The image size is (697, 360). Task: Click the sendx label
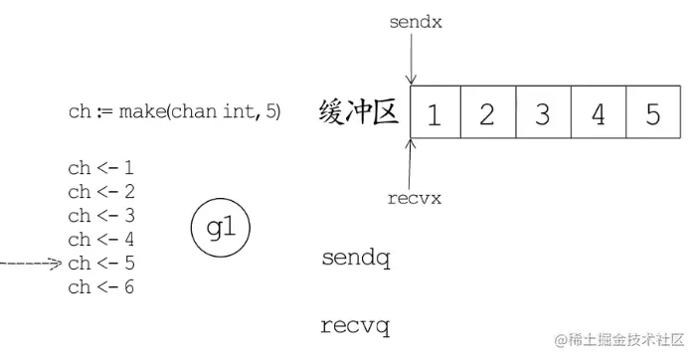[416, 20]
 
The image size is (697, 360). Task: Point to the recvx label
[415, 197]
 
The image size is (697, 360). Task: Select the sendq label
[356, 261]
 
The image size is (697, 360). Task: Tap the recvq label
[356, 325]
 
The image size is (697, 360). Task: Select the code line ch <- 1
[101, 168]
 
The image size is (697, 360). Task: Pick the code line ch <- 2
[101, 192]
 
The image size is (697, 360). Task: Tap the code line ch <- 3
[101, 216]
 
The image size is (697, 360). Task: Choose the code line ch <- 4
[101, 240]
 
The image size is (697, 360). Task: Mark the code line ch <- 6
[101, 287]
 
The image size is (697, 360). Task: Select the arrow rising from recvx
[411, 161]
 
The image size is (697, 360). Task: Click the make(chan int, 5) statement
[175, 111]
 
